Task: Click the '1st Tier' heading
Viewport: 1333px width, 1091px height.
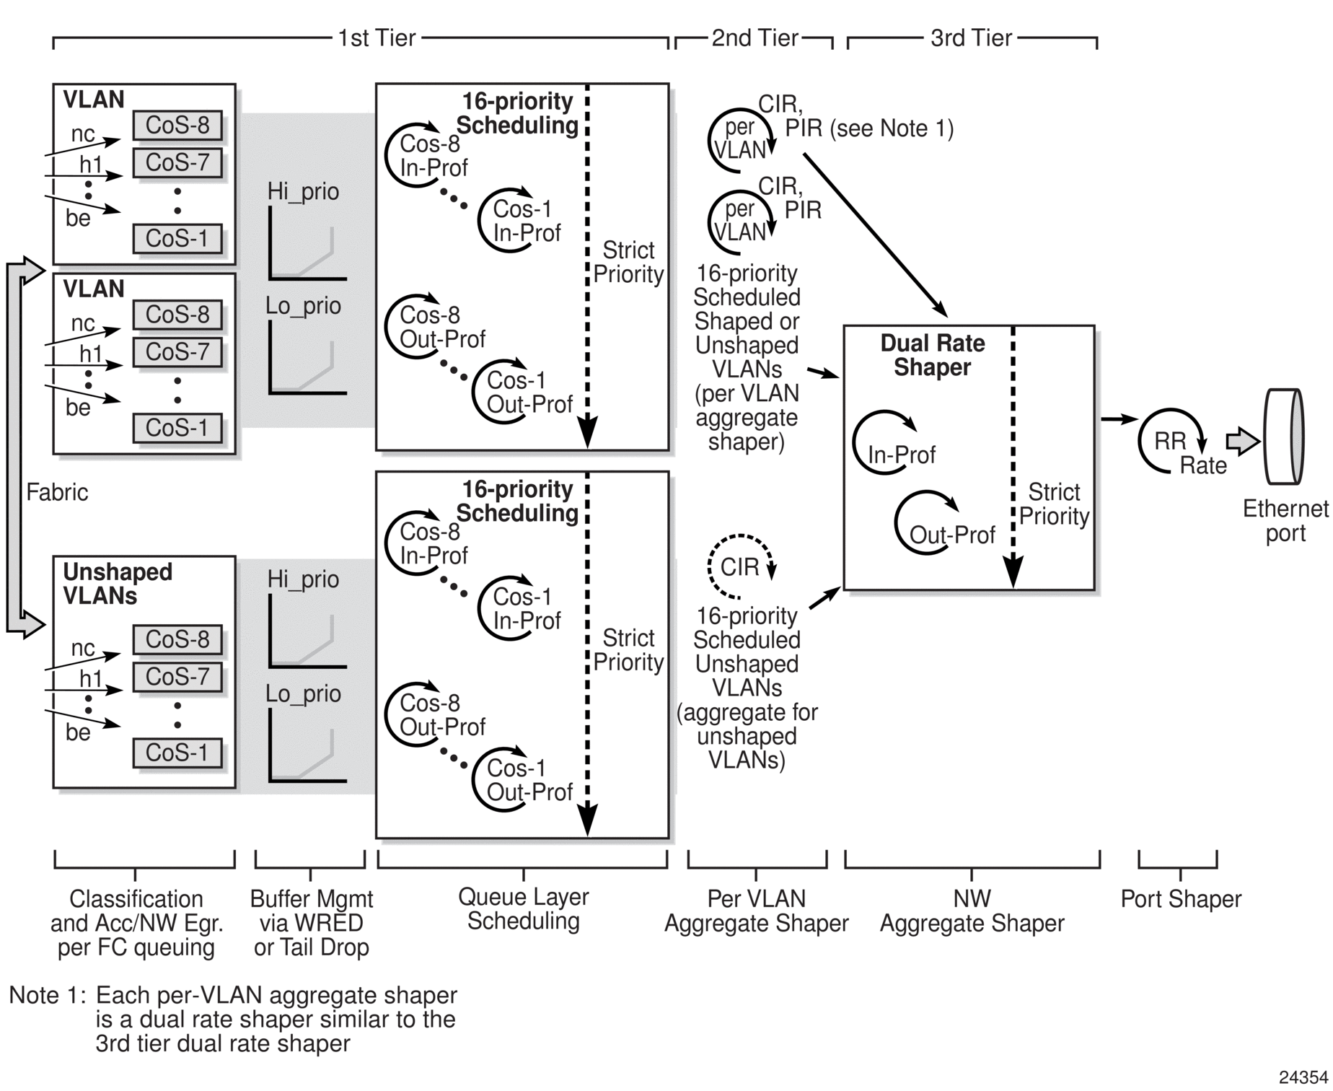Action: coord(377,38)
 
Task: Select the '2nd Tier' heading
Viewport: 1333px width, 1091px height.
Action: coord(755,38)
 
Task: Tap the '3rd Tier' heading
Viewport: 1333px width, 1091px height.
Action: coord(971,38)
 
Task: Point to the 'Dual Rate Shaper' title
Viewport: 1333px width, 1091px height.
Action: coord(932,355)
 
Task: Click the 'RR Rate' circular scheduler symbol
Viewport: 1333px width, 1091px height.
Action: coord(1173,442)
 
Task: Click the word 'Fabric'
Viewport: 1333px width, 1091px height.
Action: coord(57,492)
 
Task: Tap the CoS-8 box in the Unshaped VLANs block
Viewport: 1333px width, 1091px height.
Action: coord(177,639)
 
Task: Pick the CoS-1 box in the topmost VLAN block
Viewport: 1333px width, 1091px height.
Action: coord(177,238)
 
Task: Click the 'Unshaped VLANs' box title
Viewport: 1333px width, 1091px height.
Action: coord(118,584)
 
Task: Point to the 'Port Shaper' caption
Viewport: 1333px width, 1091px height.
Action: coord(1181,899)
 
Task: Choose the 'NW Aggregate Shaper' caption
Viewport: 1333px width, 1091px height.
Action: coord(972,911)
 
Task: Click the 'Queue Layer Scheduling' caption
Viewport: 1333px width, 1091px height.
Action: coord(524,909)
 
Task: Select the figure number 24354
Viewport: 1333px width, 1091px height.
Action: coord(1303,1077)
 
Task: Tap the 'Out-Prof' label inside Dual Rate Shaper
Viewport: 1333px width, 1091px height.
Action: coord(952,535)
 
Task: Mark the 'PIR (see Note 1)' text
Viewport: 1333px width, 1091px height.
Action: coord(869,128)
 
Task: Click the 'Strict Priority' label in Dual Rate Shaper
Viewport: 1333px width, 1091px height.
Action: coord(1054,504)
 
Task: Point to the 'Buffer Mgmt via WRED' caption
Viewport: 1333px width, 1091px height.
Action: coord(312,911)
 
